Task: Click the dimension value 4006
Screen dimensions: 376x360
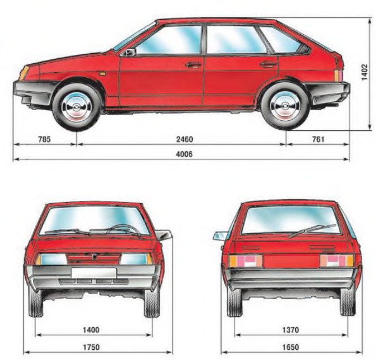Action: pos(184,154)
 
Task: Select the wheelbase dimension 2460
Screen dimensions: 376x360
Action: pos(185,139)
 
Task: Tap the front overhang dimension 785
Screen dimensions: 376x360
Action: pos(44,139)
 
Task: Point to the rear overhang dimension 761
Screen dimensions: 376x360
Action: pos(318,139)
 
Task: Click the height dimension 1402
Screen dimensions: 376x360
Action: pos(364,72)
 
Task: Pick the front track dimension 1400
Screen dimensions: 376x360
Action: pos(91,330)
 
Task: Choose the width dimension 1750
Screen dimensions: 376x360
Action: pos(91,347)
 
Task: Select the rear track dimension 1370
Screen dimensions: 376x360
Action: pos(291,330)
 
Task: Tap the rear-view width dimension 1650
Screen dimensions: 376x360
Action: pos(291,347)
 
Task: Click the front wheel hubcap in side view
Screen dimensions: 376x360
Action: pos(76,107)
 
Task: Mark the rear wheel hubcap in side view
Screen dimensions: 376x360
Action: pos(285,106)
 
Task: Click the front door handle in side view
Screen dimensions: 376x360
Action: pos(193,65)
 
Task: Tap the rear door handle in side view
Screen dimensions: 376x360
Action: pos(268,64)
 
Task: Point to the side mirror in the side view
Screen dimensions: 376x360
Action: pos(128,52)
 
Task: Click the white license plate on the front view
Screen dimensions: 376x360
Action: pos(94,273)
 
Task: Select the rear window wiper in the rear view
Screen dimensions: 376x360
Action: pos(312,231)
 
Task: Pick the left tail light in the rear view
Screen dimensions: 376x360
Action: pos(246,261)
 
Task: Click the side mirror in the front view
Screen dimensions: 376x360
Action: pos(164,235)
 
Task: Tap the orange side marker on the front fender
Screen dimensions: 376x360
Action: pos(102,74)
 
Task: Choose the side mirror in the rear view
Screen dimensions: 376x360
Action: pos(220,236)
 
